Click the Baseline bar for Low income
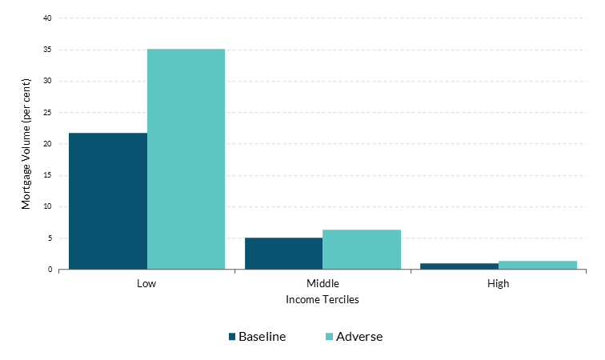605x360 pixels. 108,201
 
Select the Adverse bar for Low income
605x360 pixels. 186,159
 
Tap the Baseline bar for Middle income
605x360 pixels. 283,253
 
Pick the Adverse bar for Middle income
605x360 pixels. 362,249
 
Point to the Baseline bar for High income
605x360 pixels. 459,266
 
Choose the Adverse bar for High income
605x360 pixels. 538,265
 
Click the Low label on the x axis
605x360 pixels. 146,283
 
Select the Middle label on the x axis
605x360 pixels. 323,283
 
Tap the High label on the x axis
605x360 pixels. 498,283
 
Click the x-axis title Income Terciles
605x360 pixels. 323,300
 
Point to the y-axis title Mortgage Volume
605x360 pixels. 26,144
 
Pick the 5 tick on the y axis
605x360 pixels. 50,238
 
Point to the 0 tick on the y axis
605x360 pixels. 50,270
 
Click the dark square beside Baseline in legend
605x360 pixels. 232,337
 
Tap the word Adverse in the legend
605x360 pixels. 359,337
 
